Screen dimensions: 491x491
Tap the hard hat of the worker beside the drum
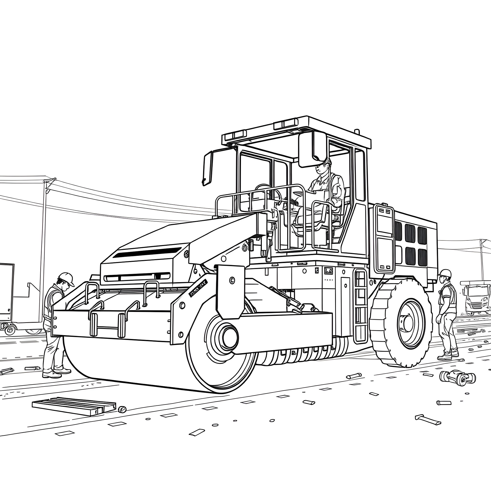[67, 279]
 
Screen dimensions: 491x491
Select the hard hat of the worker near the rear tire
[445, 273]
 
